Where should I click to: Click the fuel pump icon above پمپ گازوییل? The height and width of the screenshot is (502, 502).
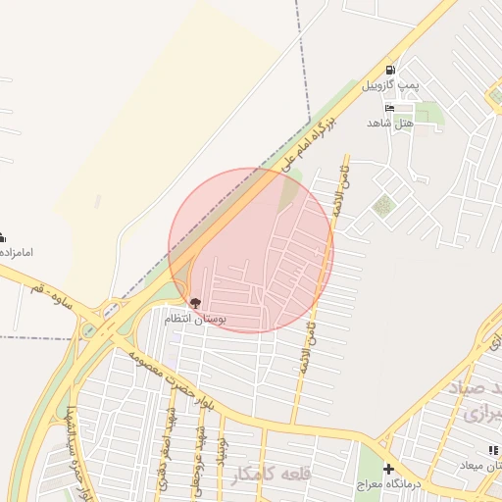coord(391,70)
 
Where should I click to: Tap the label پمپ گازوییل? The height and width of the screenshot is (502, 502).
coord(391,85)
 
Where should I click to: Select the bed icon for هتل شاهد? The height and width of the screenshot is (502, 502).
coord(390,108)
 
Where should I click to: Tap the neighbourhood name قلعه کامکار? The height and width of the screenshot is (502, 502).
coord(273,475)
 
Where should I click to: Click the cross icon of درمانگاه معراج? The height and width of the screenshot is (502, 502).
coord(388,469)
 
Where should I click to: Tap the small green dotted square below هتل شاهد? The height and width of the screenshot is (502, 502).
coord(382,205)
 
